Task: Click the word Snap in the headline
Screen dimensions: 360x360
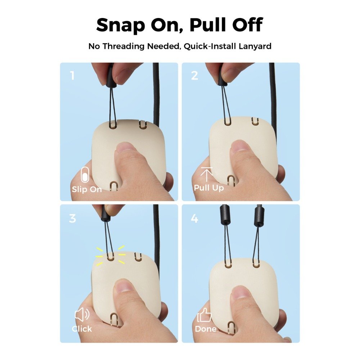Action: click(x=121, y=25)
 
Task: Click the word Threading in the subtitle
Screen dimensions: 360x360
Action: click(x=124, y=46)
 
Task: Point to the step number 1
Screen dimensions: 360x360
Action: click(x=73, y=76)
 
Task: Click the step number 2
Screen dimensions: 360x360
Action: click(x=195, y=76)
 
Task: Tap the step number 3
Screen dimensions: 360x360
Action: click(x=73, y=219)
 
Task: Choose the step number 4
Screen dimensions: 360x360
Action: click(x=194, y=219)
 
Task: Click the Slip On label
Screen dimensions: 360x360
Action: click(x=87, y=189)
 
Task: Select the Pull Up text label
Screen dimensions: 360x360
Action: click(x=209, y=188)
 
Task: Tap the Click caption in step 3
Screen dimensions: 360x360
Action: click(x=82, y=329)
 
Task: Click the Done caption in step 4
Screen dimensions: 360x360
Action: click(x=206, y=329)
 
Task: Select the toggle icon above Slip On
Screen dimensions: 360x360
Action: click(x=85, y=175)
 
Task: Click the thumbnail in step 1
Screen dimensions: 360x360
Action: click(x=126, y=147)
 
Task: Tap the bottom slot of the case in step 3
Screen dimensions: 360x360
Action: click(x=114, y=319)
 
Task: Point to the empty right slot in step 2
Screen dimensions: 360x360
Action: click(x=255, y=121)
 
